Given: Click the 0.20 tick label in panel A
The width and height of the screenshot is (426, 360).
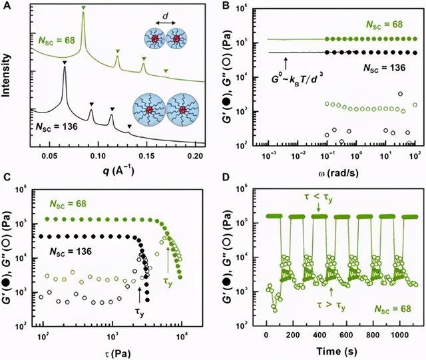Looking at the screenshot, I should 195,155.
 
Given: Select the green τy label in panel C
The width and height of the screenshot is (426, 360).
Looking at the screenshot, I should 168,281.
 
